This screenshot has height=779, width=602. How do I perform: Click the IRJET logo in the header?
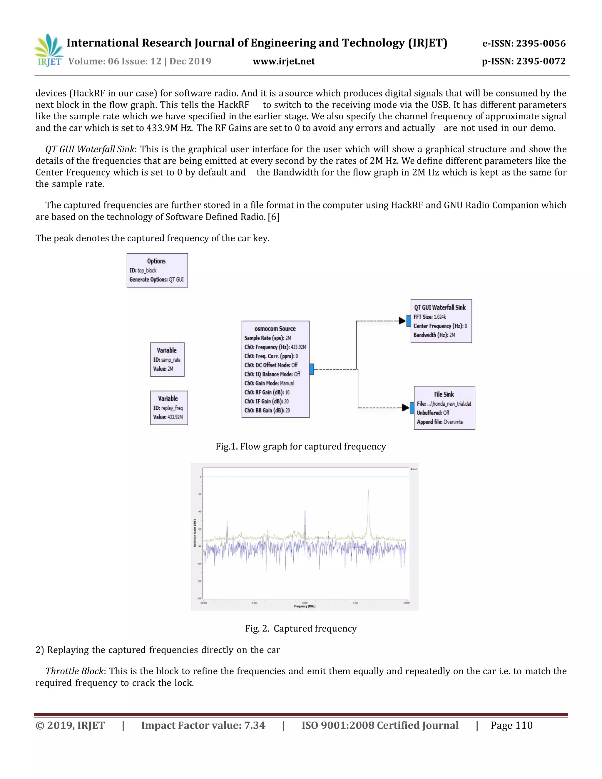(x=49, y=51)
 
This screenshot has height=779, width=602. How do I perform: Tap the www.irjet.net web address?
(x=284, y=61)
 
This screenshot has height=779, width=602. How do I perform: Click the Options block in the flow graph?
(x=157, y=270)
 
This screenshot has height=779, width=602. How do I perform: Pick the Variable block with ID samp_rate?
(x=167, y=359)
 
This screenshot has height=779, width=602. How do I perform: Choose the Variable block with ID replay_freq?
(x=169, y=407)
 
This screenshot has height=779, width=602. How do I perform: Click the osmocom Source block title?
(x=275, y=329)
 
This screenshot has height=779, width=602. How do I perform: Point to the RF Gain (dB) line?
(x=267, y=392)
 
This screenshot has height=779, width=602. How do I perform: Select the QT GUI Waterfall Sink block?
(x=441, y=321)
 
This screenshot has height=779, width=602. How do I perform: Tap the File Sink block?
(x=444, y=407)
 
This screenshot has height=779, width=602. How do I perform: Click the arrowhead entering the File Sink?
(x=405, y=407)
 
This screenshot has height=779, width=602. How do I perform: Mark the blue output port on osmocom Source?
(x=311, y=369)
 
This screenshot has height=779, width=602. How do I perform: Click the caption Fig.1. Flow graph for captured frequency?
(x=301, y=447)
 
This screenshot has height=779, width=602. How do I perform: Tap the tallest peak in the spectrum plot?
(x=368, y=492)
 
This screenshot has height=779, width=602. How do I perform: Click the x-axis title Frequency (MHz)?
(x=305, y=606)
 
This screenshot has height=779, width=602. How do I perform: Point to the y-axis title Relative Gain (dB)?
(x=195, y=533)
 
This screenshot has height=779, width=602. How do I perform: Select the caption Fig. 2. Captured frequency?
(x=301, y=628)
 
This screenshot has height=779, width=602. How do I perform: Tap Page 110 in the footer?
(x=511, y=725)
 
